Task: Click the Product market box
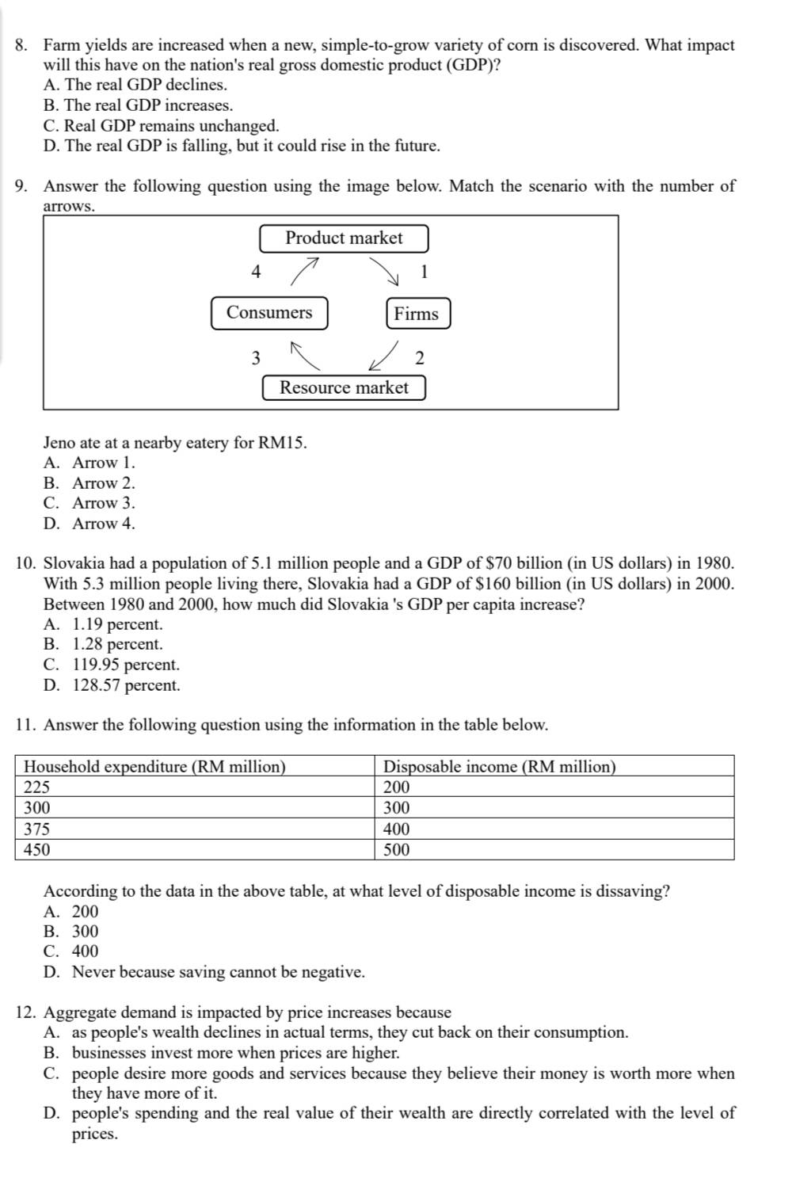coord(344,238)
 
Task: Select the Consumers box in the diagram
coord(269,313)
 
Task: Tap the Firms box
coord(417,314)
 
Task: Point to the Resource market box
coord(344,388)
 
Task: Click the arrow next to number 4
coord(305,270)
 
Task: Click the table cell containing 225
coord(194,787)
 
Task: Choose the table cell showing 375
coord(194,829)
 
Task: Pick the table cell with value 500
coord(554,850)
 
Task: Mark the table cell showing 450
coord(194,850)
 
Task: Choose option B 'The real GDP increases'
coord(139,105)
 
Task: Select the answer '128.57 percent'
coord(126,685)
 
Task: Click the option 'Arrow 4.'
coord(103,524)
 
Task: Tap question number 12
coord(27,1012)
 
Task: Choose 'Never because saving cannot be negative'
coord(218,972)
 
